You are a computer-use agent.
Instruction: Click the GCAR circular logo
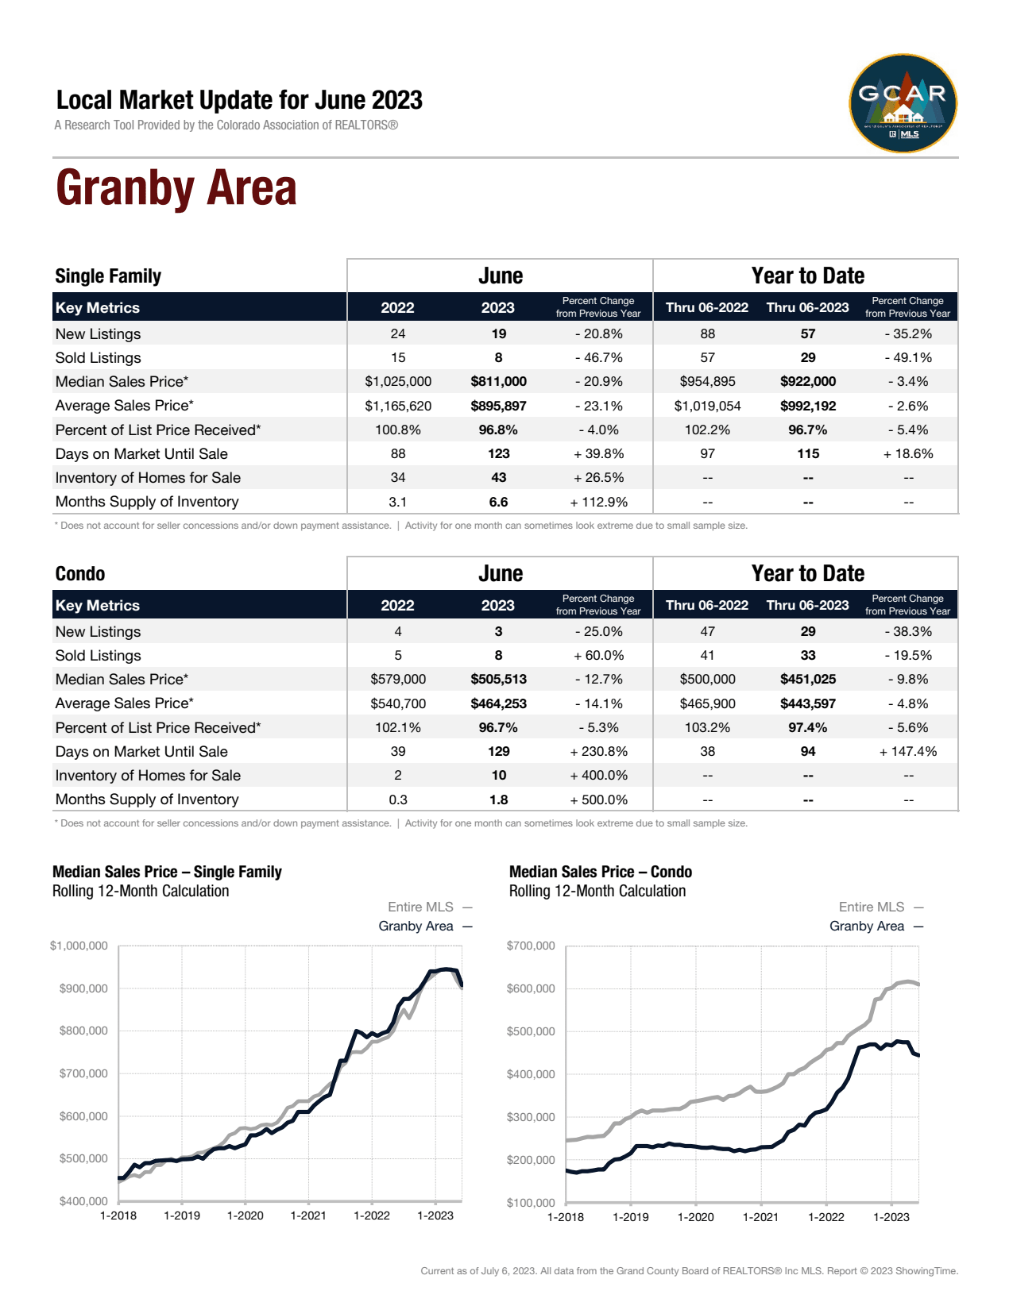[x=903, y=103]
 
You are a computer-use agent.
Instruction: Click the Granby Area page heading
[x=176, y=189]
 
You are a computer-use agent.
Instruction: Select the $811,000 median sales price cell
[x=498, y=382]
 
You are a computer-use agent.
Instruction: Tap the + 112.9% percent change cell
[x=599, y=502]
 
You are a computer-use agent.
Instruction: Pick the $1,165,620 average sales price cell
[x=398, y=406]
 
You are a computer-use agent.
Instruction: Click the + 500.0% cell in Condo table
[x=599, y=799]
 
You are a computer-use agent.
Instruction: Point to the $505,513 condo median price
[x=498, y=680]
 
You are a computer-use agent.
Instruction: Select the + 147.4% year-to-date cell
[x=907, y=751]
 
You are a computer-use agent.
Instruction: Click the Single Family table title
[x=108, y=276]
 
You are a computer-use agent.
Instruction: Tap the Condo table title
[x=80, y=574]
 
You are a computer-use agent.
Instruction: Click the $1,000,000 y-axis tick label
[x=79, y=946]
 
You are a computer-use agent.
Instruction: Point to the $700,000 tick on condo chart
[x=531, y=946]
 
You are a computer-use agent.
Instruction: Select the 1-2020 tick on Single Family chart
[x=245, y=1216]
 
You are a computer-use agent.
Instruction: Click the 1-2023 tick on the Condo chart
[x=891, y=1216]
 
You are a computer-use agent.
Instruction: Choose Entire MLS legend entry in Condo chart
[x=872, y=907]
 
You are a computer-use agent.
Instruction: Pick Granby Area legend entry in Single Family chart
[x=416, y=926]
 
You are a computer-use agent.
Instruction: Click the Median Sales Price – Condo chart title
[x=600, y=872]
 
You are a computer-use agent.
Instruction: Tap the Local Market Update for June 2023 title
[x=239, y=101]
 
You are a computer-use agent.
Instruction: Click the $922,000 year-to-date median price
[x=807, y=382]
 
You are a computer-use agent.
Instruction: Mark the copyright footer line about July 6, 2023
[x=689, y=1271]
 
